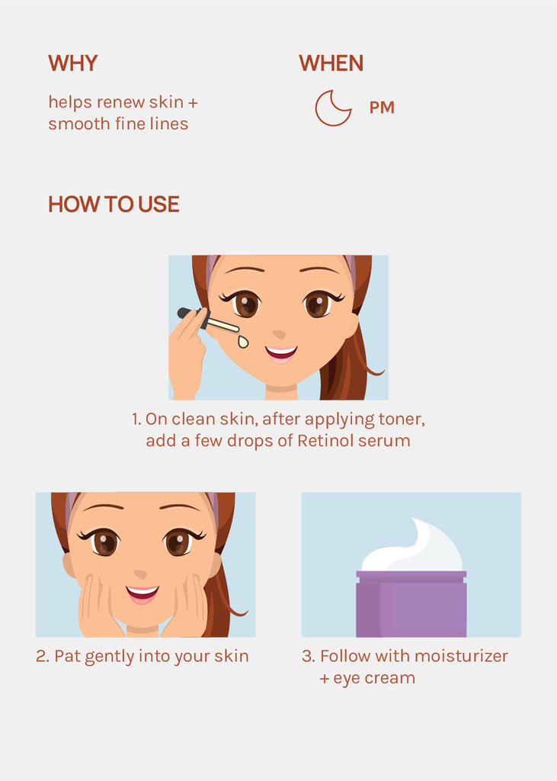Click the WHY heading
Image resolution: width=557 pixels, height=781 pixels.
[x=72, y=63]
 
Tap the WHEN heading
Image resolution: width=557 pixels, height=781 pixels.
[x=331, y=63]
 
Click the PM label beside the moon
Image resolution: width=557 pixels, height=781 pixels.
[x=382, y=108]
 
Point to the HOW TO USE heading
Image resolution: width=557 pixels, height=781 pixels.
[x=114, y=204]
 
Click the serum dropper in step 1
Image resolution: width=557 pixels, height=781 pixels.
[x=208, y=320]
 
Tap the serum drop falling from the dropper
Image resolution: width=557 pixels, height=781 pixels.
[x=242, y=341]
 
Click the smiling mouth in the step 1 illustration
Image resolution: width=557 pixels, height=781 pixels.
[x=280, y=353]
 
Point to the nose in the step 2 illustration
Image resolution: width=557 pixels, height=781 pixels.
[x=140, y=574]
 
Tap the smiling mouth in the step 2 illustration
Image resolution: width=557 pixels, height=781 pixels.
[x=142, y=593]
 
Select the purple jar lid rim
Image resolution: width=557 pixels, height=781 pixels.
[x=411, y=577]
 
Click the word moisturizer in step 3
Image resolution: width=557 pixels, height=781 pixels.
[x=462, y=656]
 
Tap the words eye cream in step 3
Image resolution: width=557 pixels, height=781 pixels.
[x=374, y=678]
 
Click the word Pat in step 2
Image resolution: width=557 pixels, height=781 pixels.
[x=67, y=656]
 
